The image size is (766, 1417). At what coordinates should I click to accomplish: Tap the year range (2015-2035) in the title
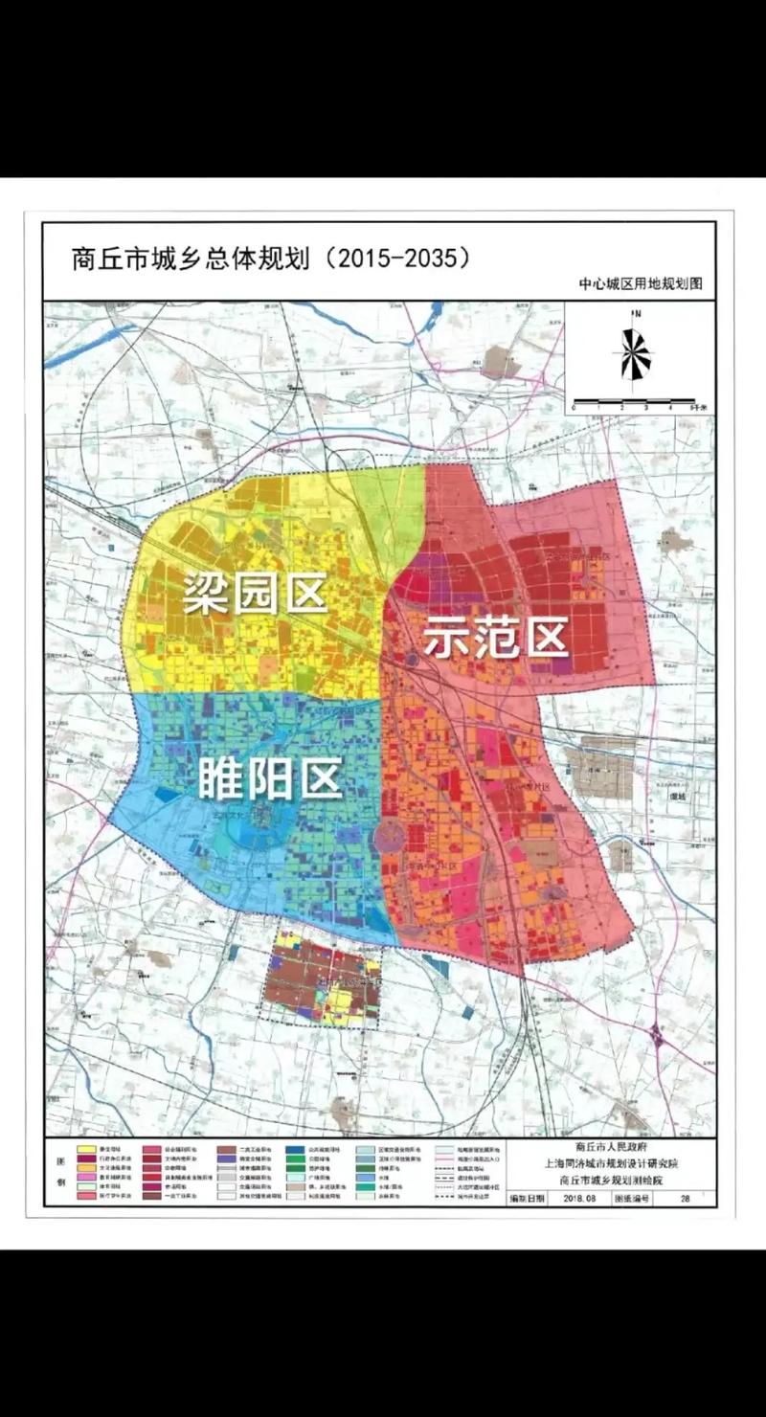tap(398, 259)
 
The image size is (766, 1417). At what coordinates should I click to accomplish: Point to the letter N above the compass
tap(635, 314)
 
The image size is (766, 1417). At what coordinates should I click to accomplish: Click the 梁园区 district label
tap(255, 594)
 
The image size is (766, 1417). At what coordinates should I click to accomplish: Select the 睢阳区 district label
tap(270, 780)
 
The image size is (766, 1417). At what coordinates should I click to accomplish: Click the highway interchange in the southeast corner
tap(659, 1037)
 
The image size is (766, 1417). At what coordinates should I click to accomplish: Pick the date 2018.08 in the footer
tap(580, 1198)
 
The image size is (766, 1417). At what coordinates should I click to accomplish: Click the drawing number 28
tap(685, 1198)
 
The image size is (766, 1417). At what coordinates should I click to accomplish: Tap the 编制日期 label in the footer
tap(528, 1198)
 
